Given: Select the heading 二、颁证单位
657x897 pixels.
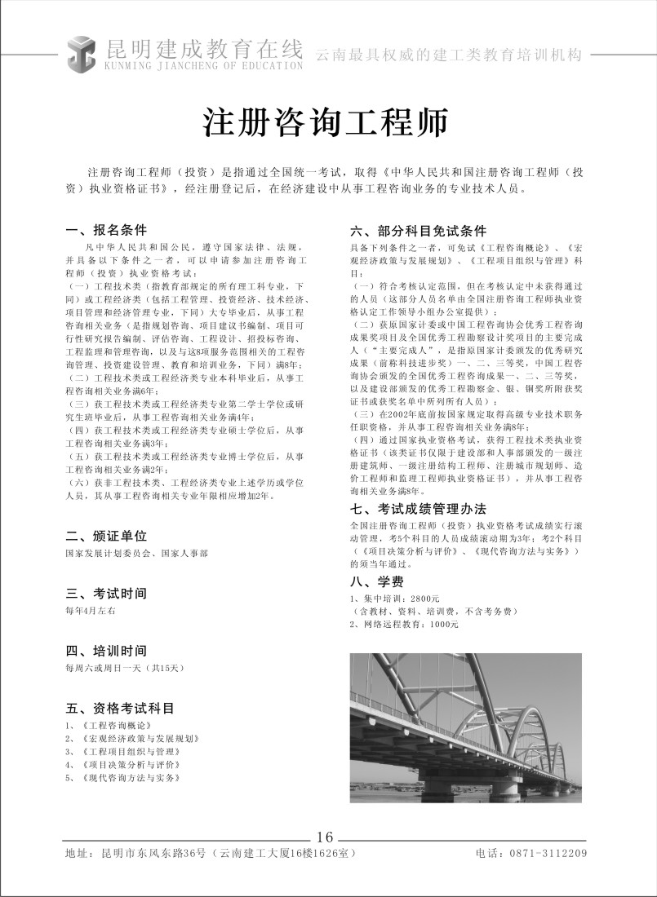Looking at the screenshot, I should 106,536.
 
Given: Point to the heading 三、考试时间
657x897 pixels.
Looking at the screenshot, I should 106,593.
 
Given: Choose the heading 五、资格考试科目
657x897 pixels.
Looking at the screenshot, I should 119,708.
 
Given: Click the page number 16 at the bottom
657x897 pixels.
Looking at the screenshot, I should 325,837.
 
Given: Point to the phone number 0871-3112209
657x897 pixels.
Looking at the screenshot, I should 548,854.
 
